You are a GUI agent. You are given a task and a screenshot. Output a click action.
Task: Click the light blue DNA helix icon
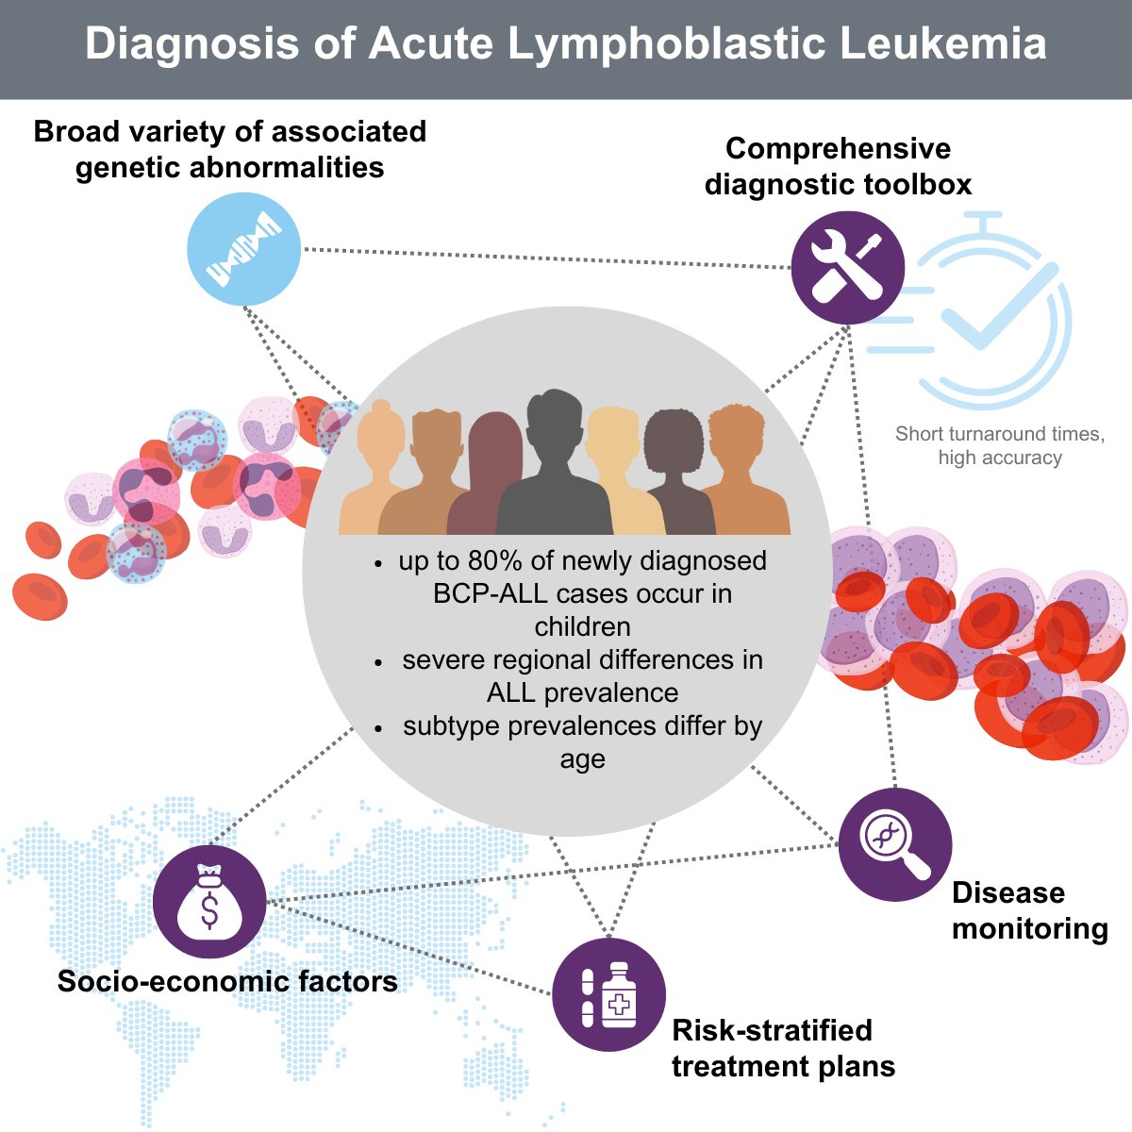pos(244,249)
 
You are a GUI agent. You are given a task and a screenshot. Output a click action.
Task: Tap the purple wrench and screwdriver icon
pos(847,267)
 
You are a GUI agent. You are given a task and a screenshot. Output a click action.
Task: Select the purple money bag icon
pos(209,902)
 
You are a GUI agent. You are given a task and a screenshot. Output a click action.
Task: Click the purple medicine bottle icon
pos(608,995)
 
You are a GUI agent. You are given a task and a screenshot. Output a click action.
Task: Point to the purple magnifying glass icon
pos(894,844)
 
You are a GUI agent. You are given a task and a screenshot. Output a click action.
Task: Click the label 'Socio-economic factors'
pos(227,981)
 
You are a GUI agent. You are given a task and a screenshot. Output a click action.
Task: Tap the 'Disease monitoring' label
pos(1029,910)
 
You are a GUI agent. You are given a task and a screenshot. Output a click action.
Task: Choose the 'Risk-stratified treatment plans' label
pos(783,1048)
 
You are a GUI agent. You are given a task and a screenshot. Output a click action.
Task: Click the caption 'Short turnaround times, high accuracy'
pos(1000,445)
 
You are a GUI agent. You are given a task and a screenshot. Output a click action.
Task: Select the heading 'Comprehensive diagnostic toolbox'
pos(838,166)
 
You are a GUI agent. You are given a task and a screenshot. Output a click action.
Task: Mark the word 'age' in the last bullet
pos(582,759)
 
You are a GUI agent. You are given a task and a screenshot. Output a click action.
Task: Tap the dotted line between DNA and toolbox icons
pos(547,258)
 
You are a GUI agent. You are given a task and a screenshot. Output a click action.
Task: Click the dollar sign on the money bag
pos(209,911)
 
